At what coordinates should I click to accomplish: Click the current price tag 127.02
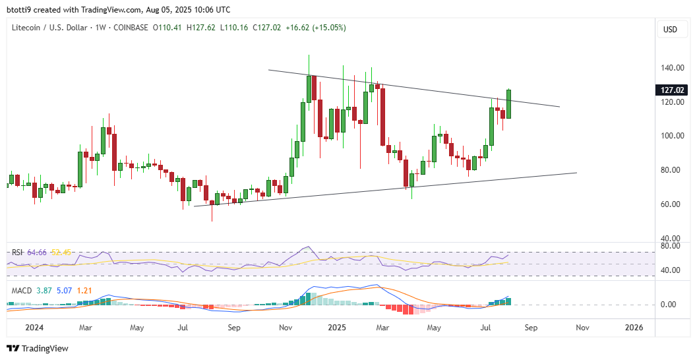pos(671,90)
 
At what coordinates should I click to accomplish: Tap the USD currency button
pos(670,30)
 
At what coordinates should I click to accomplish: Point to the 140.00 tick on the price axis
pos(671,68)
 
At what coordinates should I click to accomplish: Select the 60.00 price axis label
pos(671,204)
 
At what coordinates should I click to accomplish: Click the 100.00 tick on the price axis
pos(671,136)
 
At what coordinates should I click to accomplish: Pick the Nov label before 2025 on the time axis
pos(286,328)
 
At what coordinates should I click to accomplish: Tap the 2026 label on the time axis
pos(634,328)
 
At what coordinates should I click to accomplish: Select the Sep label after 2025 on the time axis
pos(531,328)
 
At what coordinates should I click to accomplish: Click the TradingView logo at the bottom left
pos(38,348)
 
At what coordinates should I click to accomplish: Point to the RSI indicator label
pos(17,253)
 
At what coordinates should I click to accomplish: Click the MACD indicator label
pos(20,290)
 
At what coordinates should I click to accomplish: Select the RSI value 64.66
pos(37,253)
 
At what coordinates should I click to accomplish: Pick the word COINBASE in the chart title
pos(132,28)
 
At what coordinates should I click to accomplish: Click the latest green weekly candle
pos(508,104)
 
